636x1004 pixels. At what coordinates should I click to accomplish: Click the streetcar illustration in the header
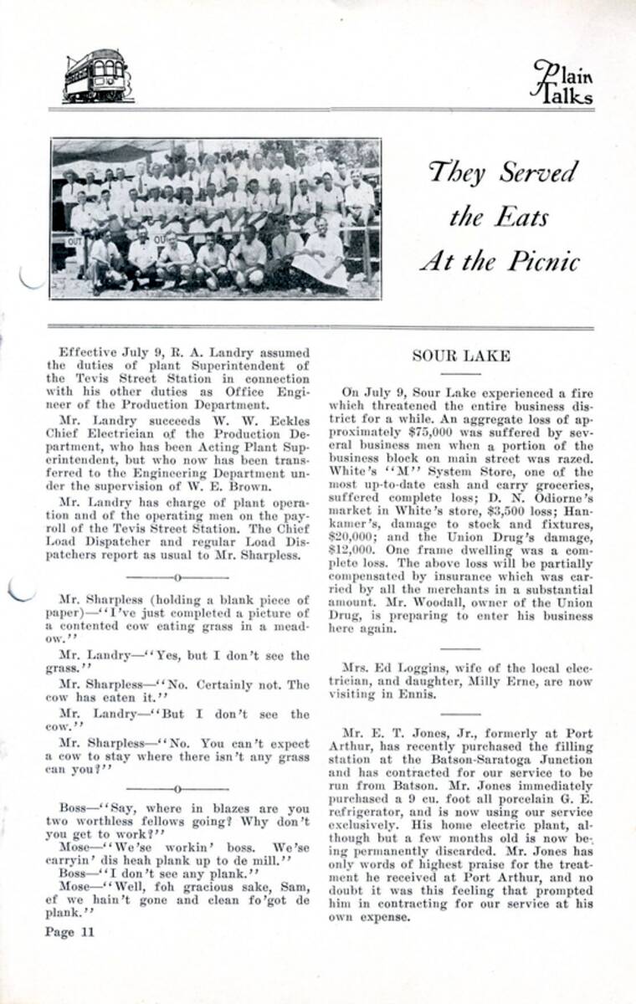tap(97, 76)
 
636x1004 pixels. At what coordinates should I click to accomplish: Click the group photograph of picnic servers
tap(216, 218)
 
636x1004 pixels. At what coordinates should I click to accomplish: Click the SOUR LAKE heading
tap(460, 356)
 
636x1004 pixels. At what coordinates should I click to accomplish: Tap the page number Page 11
tap(71, 932)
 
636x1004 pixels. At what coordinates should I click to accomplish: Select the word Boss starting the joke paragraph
tap(74, 808)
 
